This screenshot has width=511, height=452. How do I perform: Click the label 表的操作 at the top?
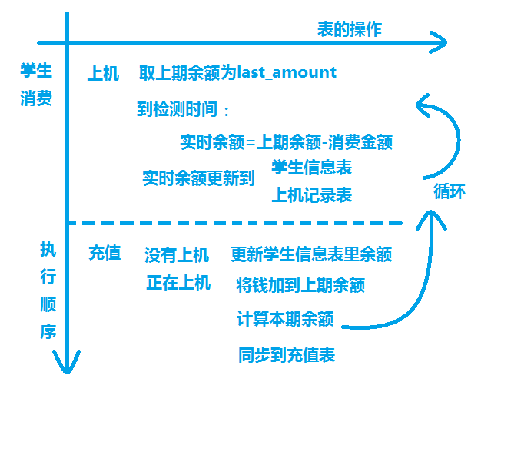(350, 29)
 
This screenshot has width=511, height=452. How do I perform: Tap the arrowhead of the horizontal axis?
(441, 42)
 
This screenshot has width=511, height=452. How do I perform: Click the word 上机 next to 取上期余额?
(103, 74)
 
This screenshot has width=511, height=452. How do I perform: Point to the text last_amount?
(287, 72)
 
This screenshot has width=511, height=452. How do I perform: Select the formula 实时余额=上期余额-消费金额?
(286, 142)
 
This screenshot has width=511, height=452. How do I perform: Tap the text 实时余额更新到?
(198, 178)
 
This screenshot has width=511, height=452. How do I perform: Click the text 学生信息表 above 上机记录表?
(311, 167)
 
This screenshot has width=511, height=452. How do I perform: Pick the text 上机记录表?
(311, 195)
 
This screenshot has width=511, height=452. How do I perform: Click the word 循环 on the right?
(450, 192)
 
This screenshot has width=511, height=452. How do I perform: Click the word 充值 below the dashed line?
(105, 253)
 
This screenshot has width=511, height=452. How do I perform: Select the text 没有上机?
(177, 254)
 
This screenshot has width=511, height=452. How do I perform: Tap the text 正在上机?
(178, 283)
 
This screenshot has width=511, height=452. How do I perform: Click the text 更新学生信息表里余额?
(311, 254)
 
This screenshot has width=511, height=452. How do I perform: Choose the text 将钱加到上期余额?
(300, 285)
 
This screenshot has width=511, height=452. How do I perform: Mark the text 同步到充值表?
(287, 355)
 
